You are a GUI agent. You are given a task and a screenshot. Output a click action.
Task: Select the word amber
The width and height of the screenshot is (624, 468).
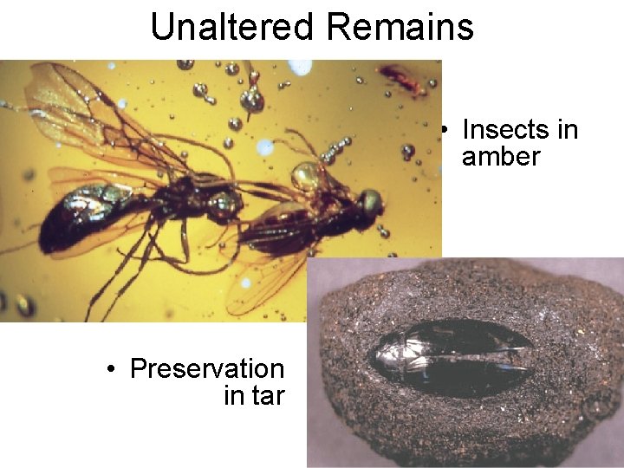pyautogui.click(x=501, y=157)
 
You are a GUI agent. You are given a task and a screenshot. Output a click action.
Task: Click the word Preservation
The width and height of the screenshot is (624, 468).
pyautogui.click(x=207, y=369)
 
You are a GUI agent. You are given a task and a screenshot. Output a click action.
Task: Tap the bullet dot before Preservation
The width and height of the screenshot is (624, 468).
pyautogui.click(x=111, y=370)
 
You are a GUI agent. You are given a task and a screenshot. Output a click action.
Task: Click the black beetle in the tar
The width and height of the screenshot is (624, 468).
pyautogui.click(x=451, y=356)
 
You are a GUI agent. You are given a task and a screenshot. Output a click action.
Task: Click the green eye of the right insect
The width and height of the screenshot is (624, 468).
pyautogui.click(x=371, y=202)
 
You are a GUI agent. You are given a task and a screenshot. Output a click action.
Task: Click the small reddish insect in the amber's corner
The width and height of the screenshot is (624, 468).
pyautogui.click(x=403, y=79)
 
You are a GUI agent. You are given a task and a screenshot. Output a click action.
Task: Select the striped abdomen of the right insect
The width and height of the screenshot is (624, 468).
pyautogui.click(x=269, y=229)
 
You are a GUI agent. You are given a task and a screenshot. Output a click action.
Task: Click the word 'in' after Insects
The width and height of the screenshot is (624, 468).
pyautogui.click(x=567, y=130)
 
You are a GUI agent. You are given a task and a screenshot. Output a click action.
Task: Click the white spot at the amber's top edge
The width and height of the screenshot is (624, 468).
pyautogui.click(x=300, y=66)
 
